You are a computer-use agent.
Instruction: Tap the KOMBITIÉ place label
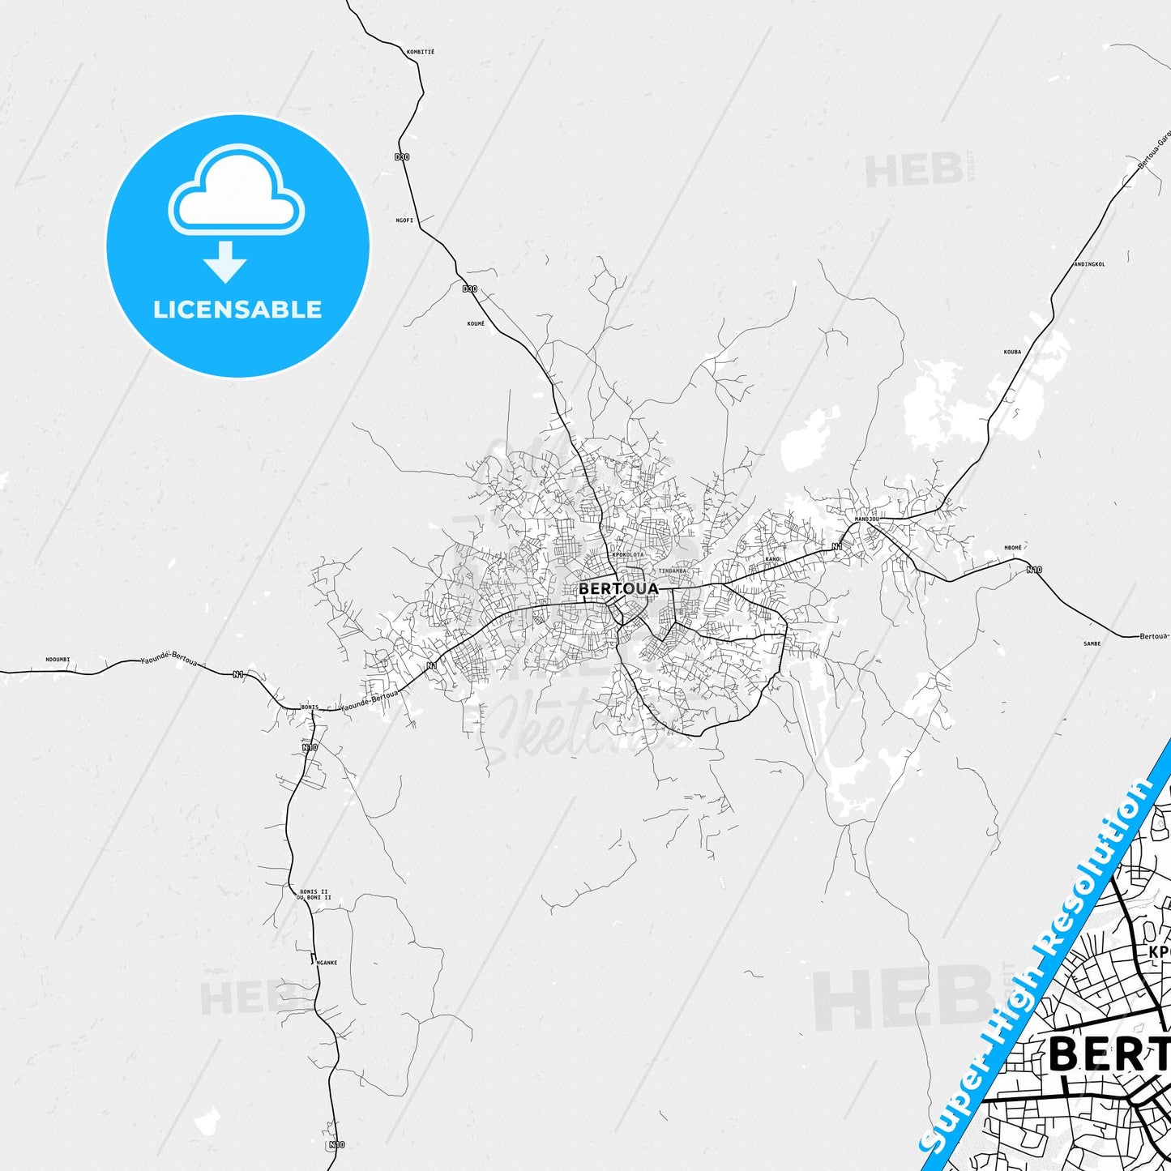coord(421,52)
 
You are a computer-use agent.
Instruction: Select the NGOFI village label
coord(404,220)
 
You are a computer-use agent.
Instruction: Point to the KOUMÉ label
coord(476,323)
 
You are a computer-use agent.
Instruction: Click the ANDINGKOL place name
coord(1089,264)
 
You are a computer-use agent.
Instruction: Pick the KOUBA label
coord(1012,352)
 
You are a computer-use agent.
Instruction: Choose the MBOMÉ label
coord(1013,548)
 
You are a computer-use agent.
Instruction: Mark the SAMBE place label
coord(1092,643)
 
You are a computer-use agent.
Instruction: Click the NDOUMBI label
coord(58,659)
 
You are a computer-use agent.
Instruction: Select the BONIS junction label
coord(310,707)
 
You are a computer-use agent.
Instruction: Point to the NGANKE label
coord(327,963)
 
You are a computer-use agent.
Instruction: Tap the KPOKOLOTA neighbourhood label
coord(628,554)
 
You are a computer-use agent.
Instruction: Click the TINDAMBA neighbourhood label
coord(673,571)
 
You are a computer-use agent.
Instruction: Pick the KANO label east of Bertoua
coord(772,559)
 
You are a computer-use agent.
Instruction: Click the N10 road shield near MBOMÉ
coord(1033,569)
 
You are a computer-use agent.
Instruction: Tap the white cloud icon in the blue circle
coord(237,191)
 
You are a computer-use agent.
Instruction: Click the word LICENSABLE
coord(237,309)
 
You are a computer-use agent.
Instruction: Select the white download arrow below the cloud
coord(225,262)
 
